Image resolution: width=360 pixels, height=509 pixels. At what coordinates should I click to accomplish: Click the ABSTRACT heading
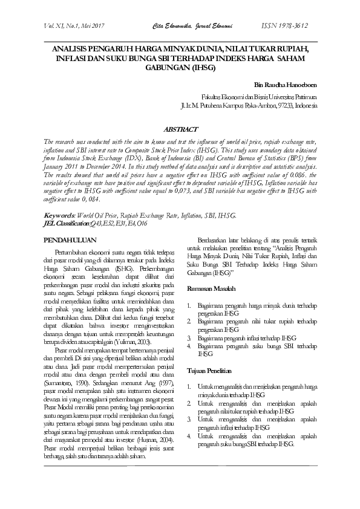coord(181,129)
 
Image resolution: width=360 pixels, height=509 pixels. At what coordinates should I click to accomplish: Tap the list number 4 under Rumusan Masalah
coord(189,345)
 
